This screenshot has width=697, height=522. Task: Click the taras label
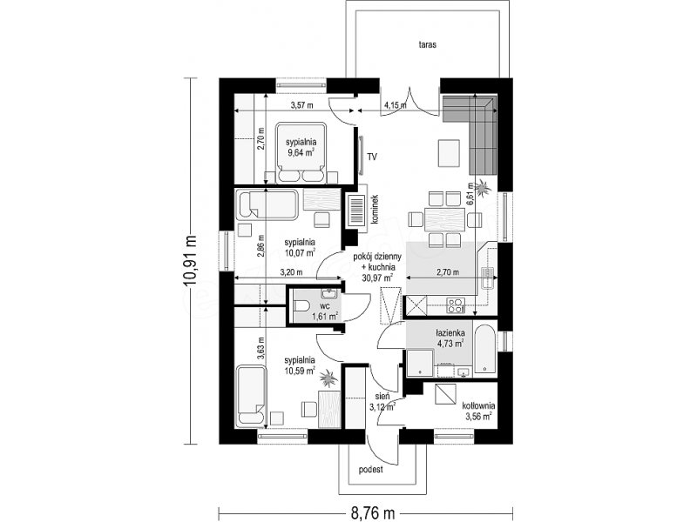427,44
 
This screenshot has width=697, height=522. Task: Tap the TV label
372,157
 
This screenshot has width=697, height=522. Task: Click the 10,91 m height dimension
192,262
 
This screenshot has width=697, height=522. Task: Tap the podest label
371,470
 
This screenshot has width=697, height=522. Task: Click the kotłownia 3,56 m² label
478,411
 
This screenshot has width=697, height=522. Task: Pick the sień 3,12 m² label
382,401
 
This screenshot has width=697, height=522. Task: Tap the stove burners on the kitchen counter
456,305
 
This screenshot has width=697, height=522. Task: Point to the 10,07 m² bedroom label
300,248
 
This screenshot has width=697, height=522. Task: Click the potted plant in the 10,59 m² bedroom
328,378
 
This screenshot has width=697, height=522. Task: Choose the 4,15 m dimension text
396,105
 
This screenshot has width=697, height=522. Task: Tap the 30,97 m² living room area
378,278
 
